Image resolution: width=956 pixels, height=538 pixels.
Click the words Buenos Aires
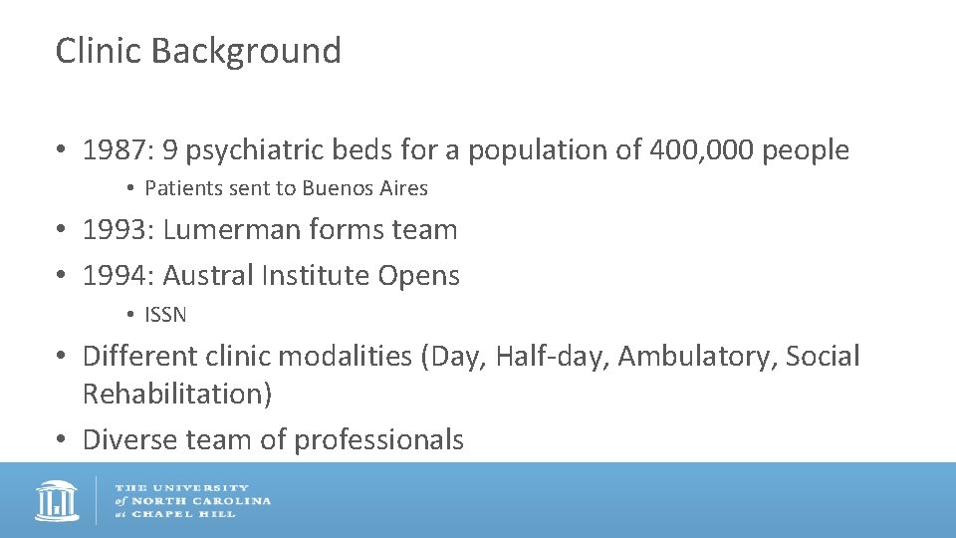[365, 188]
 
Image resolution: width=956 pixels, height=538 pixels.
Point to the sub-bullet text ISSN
[165, 315]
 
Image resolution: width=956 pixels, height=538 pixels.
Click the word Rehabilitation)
[177, 394]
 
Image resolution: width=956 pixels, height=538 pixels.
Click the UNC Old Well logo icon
[57, 500]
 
